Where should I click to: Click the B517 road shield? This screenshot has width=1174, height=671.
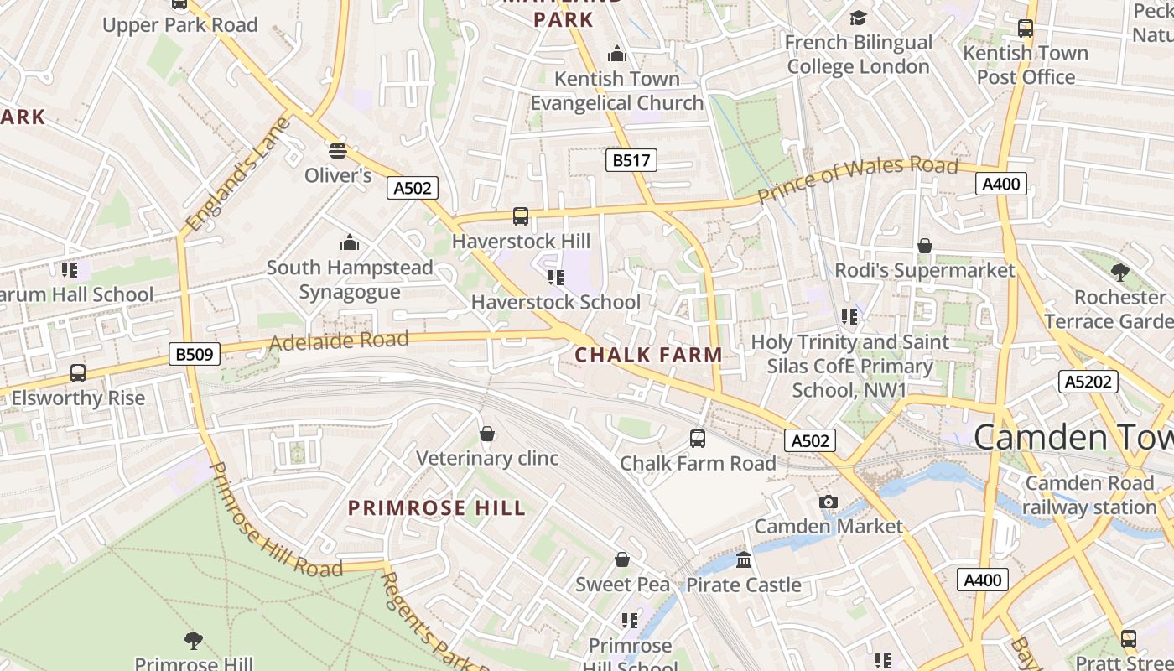pos(631,160)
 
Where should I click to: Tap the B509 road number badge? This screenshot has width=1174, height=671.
pos(194,355)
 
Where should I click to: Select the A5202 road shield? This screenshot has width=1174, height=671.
pos(1088,382)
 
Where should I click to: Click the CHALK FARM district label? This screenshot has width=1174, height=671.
pos(648,355)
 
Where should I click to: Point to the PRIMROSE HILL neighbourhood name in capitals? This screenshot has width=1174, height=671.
pos(437,507)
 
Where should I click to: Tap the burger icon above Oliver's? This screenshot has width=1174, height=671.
pos(338,151)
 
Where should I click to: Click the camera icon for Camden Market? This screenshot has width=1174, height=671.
pos(829,502)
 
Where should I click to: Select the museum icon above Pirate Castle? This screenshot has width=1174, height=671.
pos(744,559)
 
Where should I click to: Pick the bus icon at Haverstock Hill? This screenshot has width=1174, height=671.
pos(521,216)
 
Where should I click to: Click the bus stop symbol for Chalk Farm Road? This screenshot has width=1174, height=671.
pos(698,438)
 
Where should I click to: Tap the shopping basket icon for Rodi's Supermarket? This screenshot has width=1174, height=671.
pos(924,246)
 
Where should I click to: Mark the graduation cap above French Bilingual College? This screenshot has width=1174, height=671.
pos(858,18)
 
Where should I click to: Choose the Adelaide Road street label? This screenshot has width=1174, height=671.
pos(339,341)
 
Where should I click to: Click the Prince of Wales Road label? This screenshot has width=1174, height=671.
pos(857,177)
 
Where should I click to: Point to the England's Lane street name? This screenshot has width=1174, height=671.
pos(238,174)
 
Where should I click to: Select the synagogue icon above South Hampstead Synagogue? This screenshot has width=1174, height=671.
pos(349,243)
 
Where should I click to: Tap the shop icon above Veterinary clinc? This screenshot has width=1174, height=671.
pos(487,434)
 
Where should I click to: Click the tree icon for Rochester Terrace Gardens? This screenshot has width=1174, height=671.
pos(1119,273)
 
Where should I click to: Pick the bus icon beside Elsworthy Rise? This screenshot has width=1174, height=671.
pos(78,373)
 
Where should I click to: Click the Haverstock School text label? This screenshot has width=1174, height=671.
pos(556,302)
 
